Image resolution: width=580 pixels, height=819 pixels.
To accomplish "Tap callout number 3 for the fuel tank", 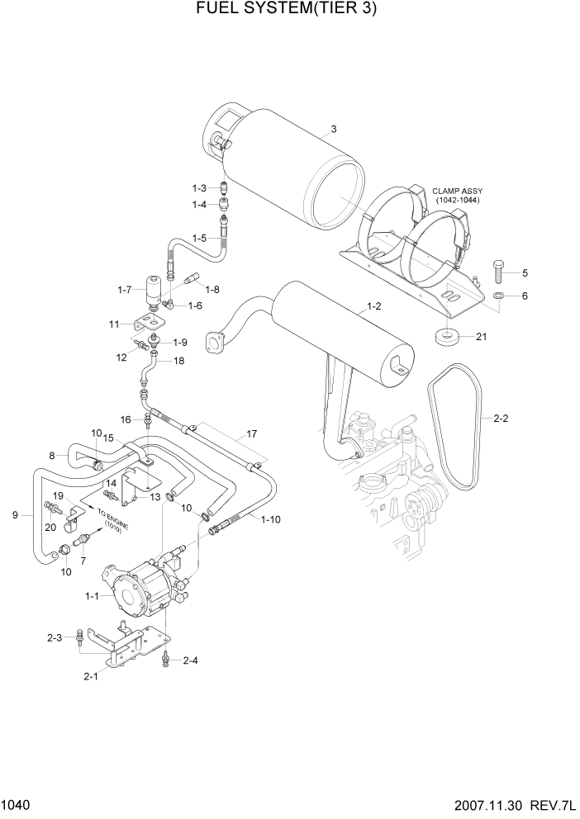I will [x=334, y=129].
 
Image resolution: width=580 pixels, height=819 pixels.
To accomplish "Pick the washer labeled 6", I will [x=500, y=296].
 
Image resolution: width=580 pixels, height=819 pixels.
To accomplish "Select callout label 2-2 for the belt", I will [x=502, y=419].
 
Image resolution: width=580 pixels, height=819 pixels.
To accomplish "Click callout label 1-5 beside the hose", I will [x=199, y=238].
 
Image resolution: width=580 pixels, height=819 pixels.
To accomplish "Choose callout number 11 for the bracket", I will [x=116, y=324].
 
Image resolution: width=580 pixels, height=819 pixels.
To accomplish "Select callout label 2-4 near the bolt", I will [x=190, y=660].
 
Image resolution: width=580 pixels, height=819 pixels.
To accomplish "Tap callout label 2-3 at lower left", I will [x=55, y=637].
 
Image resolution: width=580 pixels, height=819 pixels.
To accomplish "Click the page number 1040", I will [x=17, y=804].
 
